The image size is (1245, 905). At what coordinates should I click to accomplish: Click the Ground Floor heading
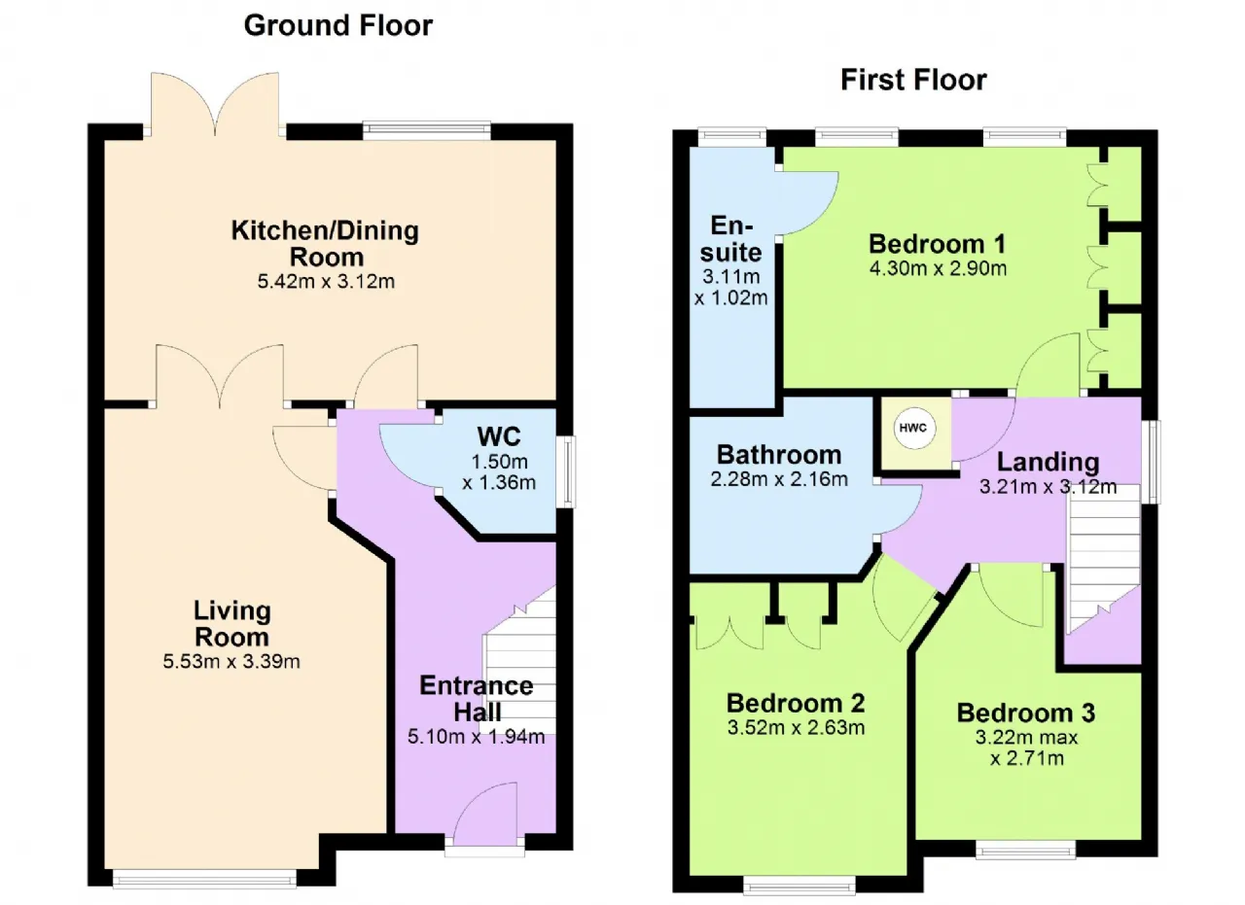(338, 25)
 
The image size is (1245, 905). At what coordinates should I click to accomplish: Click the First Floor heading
(913, 80)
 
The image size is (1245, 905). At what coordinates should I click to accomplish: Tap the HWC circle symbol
(912, 428)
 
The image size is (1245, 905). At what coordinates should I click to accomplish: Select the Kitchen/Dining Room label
(325, 243)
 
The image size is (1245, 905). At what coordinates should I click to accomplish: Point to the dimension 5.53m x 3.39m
(231, 662)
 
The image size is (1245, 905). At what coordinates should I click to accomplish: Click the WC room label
(499, 436)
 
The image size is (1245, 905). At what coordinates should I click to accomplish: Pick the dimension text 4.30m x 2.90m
(938, 269)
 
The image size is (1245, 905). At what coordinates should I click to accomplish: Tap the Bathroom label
(779, 455)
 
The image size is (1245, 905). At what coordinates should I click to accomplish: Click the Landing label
(1048, 463)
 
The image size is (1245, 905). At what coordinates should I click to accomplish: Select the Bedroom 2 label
(796, 704)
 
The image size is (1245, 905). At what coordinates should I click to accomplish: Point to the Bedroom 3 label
(1025, 713)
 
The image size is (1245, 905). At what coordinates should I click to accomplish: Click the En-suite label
(730, 239)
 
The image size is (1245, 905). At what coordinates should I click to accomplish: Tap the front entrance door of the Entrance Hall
(485, 817)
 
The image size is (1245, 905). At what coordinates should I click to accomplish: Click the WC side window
(566, 472)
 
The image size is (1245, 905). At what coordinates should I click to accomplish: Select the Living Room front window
(204, 880)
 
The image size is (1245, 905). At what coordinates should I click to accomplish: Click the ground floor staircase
(520, 661)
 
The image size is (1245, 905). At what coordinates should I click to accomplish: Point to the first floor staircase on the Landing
(1103, 558)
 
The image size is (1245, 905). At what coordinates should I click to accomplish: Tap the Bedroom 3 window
(1025, 850)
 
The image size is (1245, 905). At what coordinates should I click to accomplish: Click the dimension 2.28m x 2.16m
(779, 479)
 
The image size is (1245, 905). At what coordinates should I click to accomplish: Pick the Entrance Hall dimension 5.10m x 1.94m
(476, 737)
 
